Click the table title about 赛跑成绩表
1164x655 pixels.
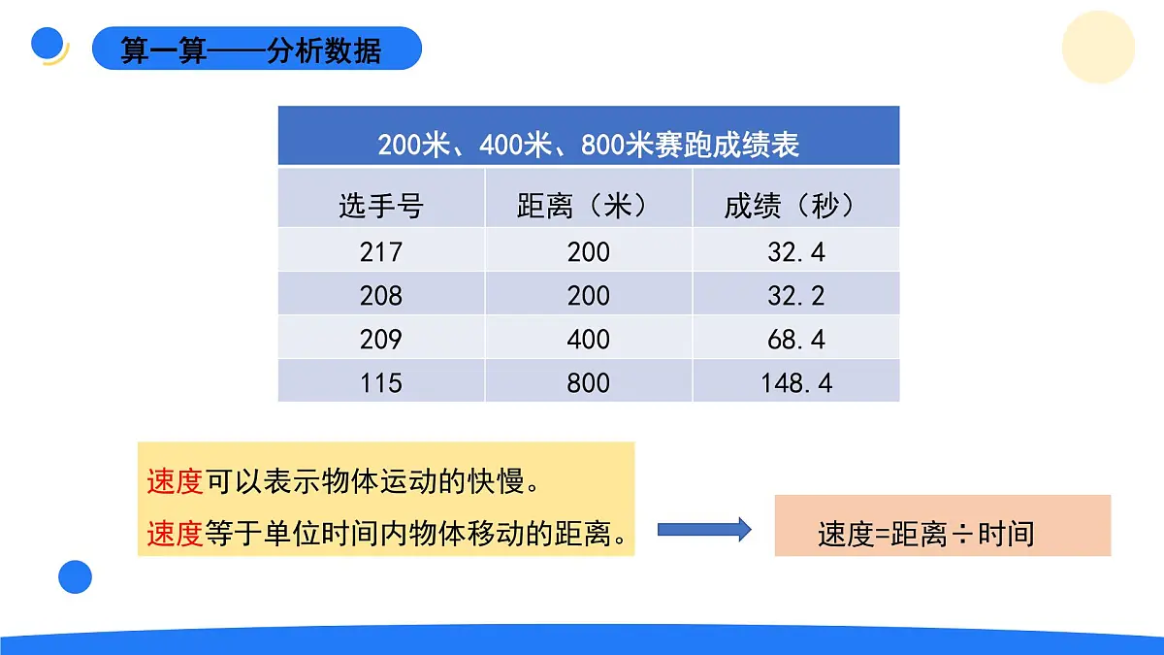tap(588, 146)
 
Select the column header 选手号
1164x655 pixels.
tap(380, 206)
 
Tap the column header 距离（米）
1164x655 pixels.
tap(588, 206)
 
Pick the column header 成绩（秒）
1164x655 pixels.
tap(795, 206)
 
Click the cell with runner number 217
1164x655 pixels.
tap(380, 252)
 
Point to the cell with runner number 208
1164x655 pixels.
tap(380, 295)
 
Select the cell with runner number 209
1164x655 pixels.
tap(380, 339)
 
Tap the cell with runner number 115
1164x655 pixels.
tap(380, 382)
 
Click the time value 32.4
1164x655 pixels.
tap(795, 252)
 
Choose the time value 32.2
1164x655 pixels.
tap(795, 295)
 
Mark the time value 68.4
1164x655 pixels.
tap(795, 339)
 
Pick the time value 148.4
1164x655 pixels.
tap(795, 382)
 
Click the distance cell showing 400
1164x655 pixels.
tap(588, 339)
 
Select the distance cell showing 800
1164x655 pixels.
tap(588, 382)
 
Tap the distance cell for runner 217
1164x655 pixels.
tap(588, 252)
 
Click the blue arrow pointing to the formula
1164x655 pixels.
tap(704, 529)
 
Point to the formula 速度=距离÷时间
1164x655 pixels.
tap(925, 534)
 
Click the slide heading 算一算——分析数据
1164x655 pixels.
tap(250, 49)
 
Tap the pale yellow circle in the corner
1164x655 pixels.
tap(1098, 48)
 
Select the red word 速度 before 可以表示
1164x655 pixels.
tap(174, 481)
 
